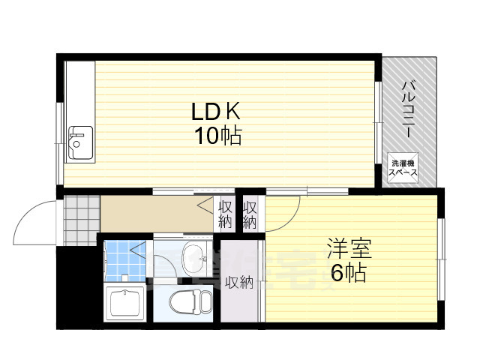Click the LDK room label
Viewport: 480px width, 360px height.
click(215, 113)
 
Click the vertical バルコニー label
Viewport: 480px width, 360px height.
click(409, 109)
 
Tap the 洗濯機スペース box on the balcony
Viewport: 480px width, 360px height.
click(403, 168)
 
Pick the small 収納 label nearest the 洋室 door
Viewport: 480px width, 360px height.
click(250, 214)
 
